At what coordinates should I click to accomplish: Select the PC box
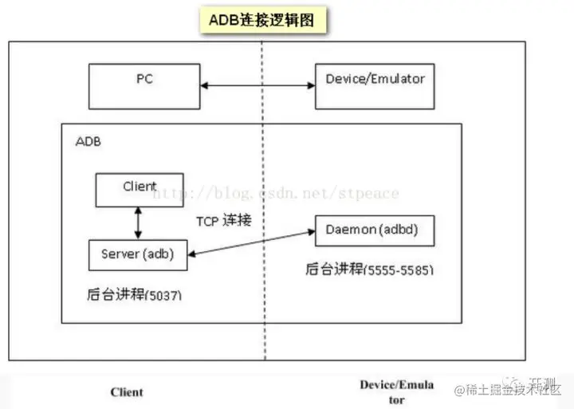click(x=144, y=83)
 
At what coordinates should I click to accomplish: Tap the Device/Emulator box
click(x=375, y=83)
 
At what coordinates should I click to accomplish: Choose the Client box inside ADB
click(x=140, y=189)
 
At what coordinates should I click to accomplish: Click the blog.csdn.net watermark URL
click(x=275, y=193)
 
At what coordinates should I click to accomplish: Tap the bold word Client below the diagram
click(x=127, y=391)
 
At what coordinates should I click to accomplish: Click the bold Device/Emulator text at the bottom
click(x=396, y=391)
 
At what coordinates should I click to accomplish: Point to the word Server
click(x=120, y=254)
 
